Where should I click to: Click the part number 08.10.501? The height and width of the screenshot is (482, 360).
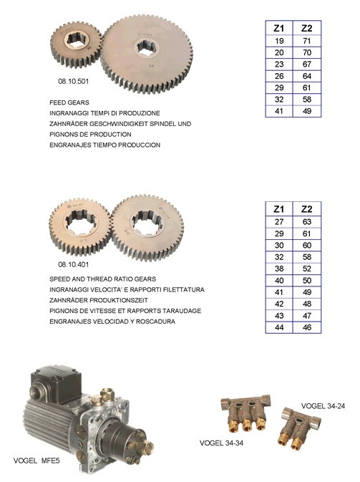point(74,82)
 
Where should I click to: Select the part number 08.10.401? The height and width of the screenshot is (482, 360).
point(74,264)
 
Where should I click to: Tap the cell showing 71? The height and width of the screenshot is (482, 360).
point(307,41)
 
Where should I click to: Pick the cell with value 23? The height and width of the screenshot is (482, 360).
point(279,64)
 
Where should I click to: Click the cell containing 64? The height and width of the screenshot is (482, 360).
point(307,76)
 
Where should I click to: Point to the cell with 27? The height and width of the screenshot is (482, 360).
point(279,221)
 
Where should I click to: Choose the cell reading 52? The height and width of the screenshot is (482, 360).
point(307,269)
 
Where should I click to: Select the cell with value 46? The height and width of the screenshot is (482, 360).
point(307,327)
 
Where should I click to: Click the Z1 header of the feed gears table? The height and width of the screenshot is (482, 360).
point(279,28)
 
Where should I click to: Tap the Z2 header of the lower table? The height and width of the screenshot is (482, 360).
point(307,209)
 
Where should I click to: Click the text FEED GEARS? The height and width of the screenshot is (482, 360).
point(69,102)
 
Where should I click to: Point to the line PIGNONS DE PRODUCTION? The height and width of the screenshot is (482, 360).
point(90,135)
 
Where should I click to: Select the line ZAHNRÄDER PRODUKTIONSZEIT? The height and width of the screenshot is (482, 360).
point(99,300)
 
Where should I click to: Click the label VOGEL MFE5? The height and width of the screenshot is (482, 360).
point(37,461)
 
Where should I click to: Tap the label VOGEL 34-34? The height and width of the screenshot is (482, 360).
point(221,443)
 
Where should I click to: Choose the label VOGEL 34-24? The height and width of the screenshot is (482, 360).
point(323,406)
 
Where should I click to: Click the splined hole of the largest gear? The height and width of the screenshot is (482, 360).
point(147,47)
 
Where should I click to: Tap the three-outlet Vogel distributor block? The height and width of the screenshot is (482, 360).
point(245,413)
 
